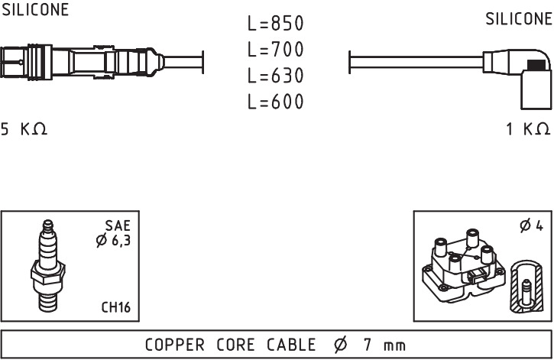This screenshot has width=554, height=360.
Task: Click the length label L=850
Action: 276,24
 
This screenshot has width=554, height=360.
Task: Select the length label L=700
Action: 276,50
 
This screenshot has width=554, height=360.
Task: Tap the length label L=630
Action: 276,76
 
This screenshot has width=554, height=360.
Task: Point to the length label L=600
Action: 276,102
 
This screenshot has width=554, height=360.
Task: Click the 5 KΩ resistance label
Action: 24,129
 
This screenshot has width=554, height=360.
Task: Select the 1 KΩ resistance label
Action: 528,129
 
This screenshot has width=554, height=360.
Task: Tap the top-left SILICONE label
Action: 35,9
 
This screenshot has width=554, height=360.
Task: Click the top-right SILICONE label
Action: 519,19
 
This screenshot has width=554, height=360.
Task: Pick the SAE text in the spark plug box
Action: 118,225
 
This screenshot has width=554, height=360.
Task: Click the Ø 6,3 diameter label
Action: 113,241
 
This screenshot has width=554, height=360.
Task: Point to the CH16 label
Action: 116,307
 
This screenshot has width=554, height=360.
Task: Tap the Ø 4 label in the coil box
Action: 531,225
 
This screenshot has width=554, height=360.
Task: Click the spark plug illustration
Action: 47,266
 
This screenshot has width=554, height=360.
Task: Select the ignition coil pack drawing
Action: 464,266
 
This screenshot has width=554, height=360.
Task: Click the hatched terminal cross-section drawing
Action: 527,287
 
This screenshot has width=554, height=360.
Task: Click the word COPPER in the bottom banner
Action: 174,345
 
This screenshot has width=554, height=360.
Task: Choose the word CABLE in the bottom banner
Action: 291,345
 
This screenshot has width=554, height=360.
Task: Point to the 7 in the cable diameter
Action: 368,345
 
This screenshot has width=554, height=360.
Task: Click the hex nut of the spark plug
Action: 47,273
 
